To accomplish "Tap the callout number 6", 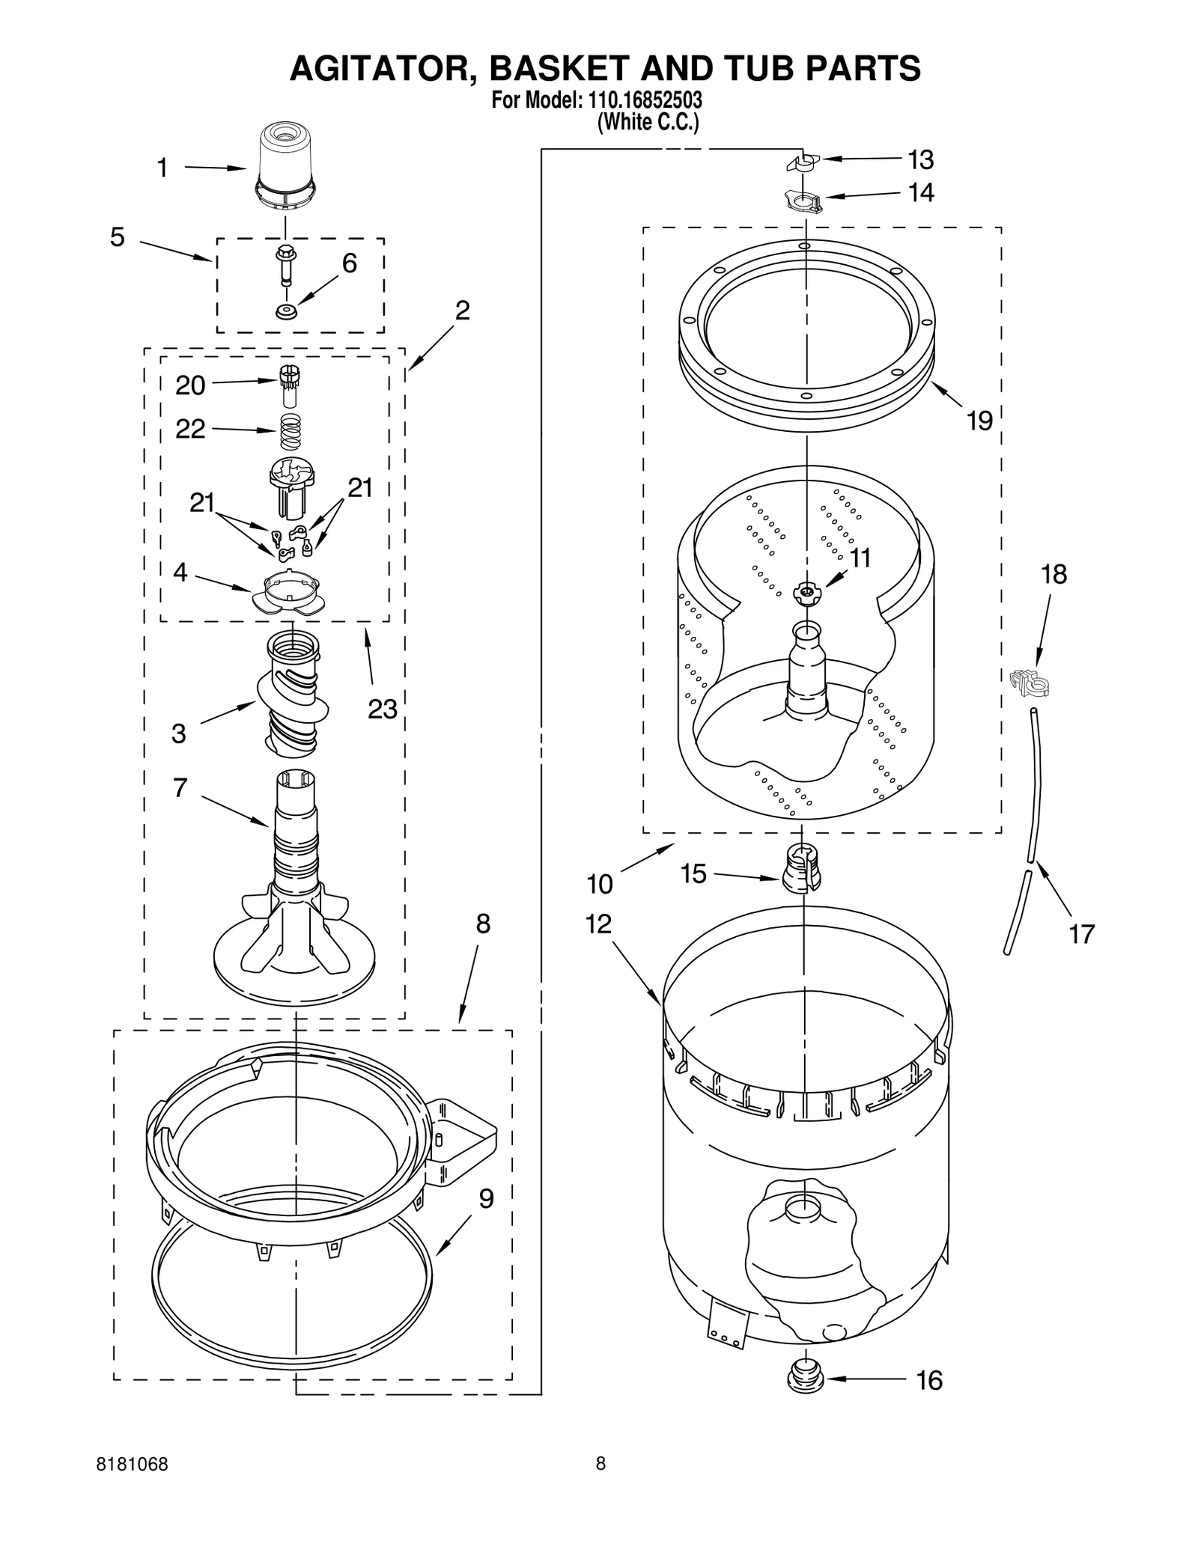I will [349, 263].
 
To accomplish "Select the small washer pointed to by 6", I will [285, 311].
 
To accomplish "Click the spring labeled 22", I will [291, 432].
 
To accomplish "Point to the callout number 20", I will [190, 385].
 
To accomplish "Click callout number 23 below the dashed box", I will [382, 709].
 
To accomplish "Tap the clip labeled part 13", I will [803, 162].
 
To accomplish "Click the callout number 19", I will [979, 421].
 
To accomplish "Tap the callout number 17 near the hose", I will [1081, 934].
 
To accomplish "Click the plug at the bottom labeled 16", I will [805, 1378].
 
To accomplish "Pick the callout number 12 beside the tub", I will [598, 925].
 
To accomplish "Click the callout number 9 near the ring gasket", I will [486, 1199].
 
